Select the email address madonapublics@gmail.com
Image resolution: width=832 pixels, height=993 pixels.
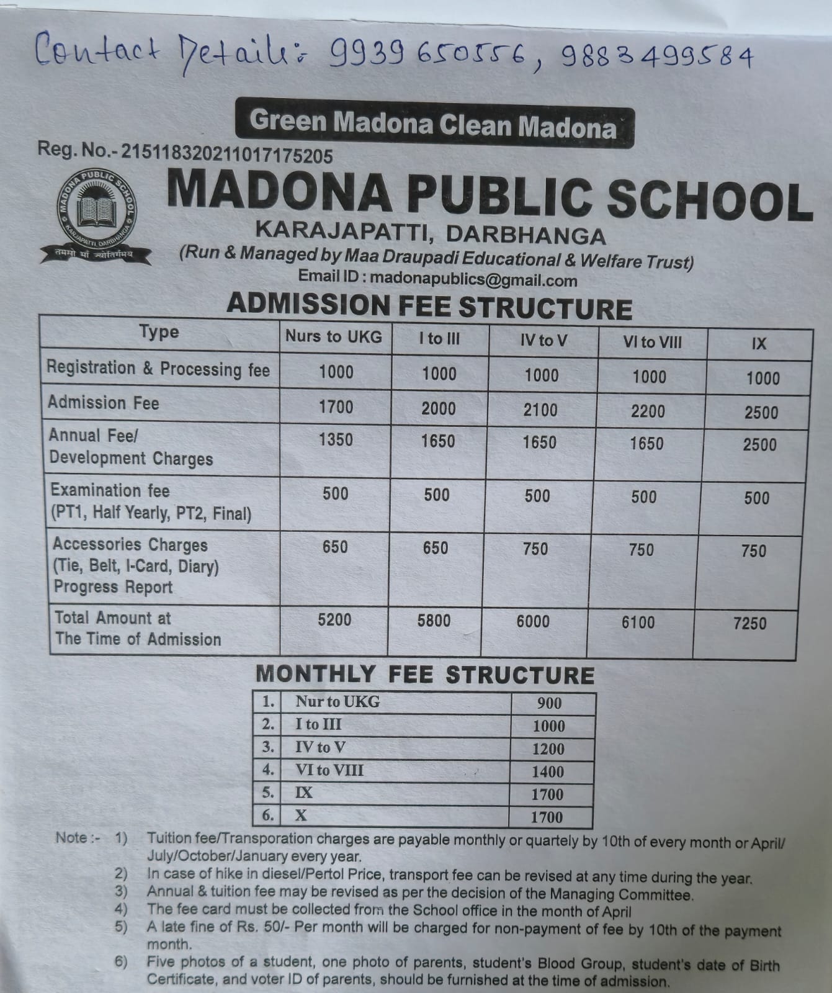pyautogui.click(x=473, y=279)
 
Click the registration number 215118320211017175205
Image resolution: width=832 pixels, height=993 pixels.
pyautogui.click(x=227, y=153)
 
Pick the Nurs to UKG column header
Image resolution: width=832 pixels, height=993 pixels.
pyautogui.click(x=334, y=337)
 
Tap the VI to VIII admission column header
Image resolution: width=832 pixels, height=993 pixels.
pyautogui.click(x=652, y=341)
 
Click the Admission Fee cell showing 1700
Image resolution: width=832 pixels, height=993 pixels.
pyautogui.click(x=336, y=407)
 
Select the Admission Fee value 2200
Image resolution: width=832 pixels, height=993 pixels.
pyautogui.click(x=648, y=410)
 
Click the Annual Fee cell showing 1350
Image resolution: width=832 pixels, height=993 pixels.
pyautogui.click(x=336, y=439)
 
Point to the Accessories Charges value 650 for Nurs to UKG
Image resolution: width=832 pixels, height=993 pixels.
pyautogui.click(x=335, y=547)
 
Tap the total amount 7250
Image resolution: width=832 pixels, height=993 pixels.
pyautogui.click(x=750, y=623)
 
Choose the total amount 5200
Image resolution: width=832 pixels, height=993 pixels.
pyautogui.click(x=334, y=619)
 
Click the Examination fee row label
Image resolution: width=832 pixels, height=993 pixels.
pyautogui.click(x=110, y=490)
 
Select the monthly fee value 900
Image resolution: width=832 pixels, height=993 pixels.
pyautogui.click(x=549, y=703)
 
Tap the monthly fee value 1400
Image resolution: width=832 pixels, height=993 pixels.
pyautogui.click(x=548, y=771)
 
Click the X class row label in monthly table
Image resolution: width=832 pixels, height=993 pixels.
pyautogui.click(x=301, y=815)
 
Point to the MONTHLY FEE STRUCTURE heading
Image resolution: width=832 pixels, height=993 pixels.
pyautogui.click(x=425, y=675)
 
